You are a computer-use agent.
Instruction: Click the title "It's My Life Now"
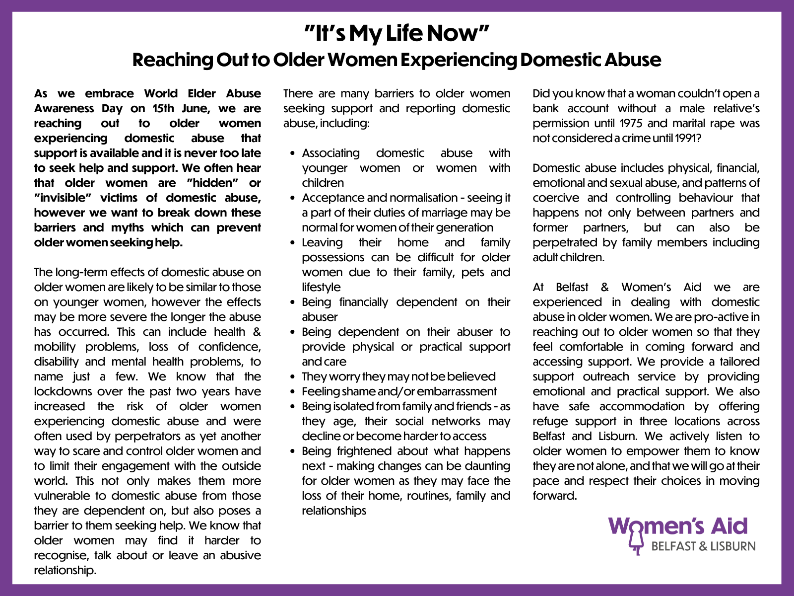[x=397, y=34]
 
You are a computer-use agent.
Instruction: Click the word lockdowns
[x=64, y=391]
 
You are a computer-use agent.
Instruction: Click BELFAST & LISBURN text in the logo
[x=703, y=546]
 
